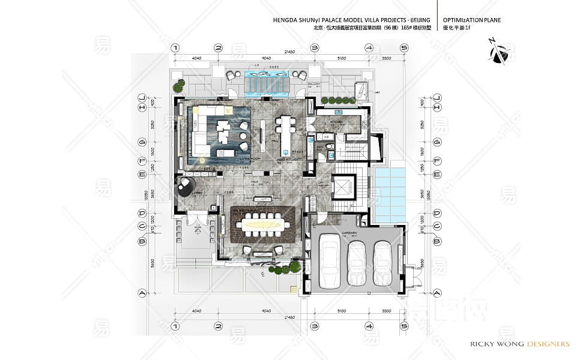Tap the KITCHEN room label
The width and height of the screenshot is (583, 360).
[336, 122]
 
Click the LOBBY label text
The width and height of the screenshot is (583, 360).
[198, 193]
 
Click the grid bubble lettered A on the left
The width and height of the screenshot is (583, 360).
[142, 293]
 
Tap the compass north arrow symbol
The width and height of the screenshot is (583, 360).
[499, 51]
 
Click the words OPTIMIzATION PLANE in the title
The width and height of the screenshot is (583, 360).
[471, 20]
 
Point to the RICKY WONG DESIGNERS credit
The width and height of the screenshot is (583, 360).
[517, 344]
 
